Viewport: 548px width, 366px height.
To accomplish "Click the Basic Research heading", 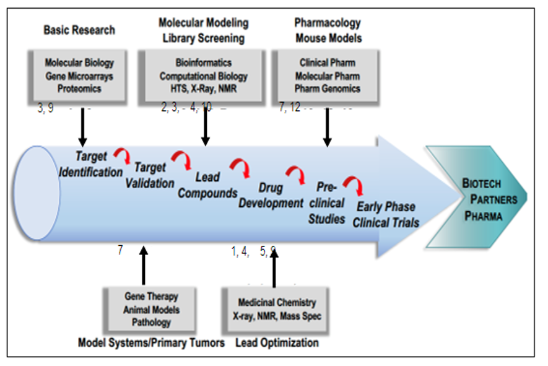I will click(x=79, y=30).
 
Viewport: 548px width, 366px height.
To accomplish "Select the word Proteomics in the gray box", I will click(x=79, y=88).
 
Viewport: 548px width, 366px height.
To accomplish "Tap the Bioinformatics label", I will click(x=204, y=63).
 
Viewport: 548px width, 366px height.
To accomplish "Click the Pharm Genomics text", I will click(x=327, y=88).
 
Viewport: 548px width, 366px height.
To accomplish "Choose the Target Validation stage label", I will click(x=150, y=175).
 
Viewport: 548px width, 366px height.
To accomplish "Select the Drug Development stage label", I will click(x=271, y=195).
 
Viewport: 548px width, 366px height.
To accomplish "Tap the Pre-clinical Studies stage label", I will click(x=327, y=203).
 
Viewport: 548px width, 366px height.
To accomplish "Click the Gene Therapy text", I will click(x=152, y=297).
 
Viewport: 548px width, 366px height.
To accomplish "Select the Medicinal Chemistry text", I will click(x=277, y=303).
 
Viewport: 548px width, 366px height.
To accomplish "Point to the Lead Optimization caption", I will click(x=277, y=342).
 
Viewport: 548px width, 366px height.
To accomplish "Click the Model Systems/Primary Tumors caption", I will click(x=151, y=342).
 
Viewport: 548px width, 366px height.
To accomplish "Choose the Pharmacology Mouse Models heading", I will click(x=328, y=30).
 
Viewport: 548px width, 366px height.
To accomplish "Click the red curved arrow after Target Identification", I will click(x=121, y=154).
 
